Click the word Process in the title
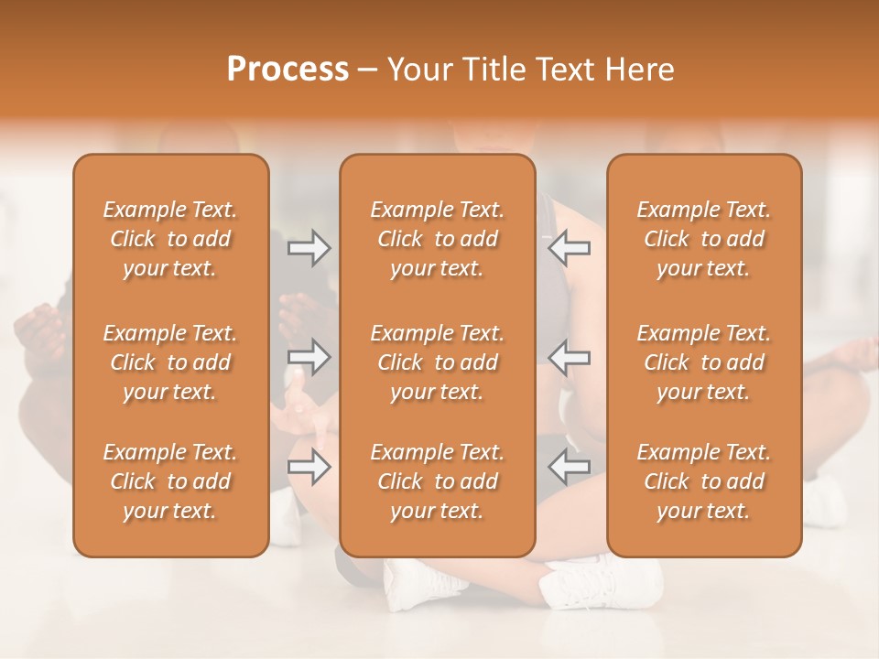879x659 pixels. [288, 70]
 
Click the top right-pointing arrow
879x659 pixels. [309, 248]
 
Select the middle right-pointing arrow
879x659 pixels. [309, 357]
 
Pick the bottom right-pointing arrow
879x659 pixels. [309, 467]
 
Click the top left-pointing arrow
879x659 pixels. [570, 248]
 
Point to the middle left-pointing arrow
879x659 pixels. [570, 357]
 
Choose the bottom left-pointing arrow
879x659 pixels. [570, 467]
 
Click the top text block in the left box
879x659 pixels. [170, 239]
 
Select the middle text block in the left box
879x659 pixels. [170, 362]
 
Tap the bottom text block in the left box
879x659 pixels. [170, 481]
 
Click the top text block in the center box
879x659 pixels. [437, 239]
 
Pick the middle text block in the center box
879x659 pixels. [437, 362]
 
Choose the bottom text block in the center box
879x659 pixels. [437, 481]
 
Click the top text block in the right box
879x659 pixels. [703, 239]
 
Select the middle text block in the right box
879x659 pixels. [703, 362]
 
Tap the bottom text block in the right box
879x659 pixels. [703, 481]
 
